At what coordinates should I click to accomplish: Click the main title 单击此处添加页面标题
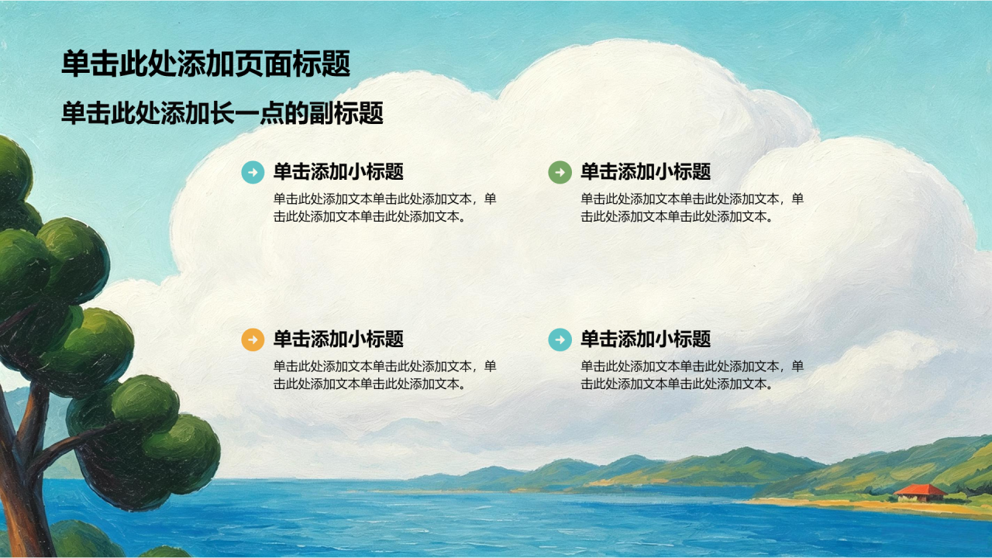coord(205,64)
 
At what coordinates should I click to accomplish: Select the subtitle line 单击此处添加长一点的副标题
coord(222,113)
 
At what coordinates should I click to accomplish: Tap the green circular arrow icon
coord(560,172)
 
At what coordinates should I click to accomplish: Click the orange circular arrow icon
coord(253,339)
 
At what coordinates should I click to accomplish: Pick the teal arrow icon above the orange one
coord(253,172)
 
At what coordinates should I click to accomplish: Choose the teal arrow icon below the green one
coord(560,339)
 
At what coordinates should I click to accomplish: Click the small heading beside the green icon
coord(646,172)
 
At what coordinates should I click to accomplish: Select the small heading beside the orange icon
coord(339,339)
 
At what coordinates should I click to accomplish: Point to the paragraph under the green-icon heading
coord(692,208)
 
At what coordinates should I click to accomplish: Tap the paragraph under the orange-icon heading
coord(385,375)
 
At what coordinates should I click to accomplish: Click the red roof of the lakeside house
coord(920,490)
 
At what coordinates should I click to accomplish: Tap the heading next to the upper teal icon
coord(339,172)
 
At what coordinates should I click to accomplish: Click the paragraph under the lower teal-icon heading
coord(692,375)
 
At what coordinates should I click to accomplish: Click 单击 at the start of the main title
coord(90,64)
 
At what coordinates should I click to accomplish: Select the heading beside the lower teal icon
coord(646,339)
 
